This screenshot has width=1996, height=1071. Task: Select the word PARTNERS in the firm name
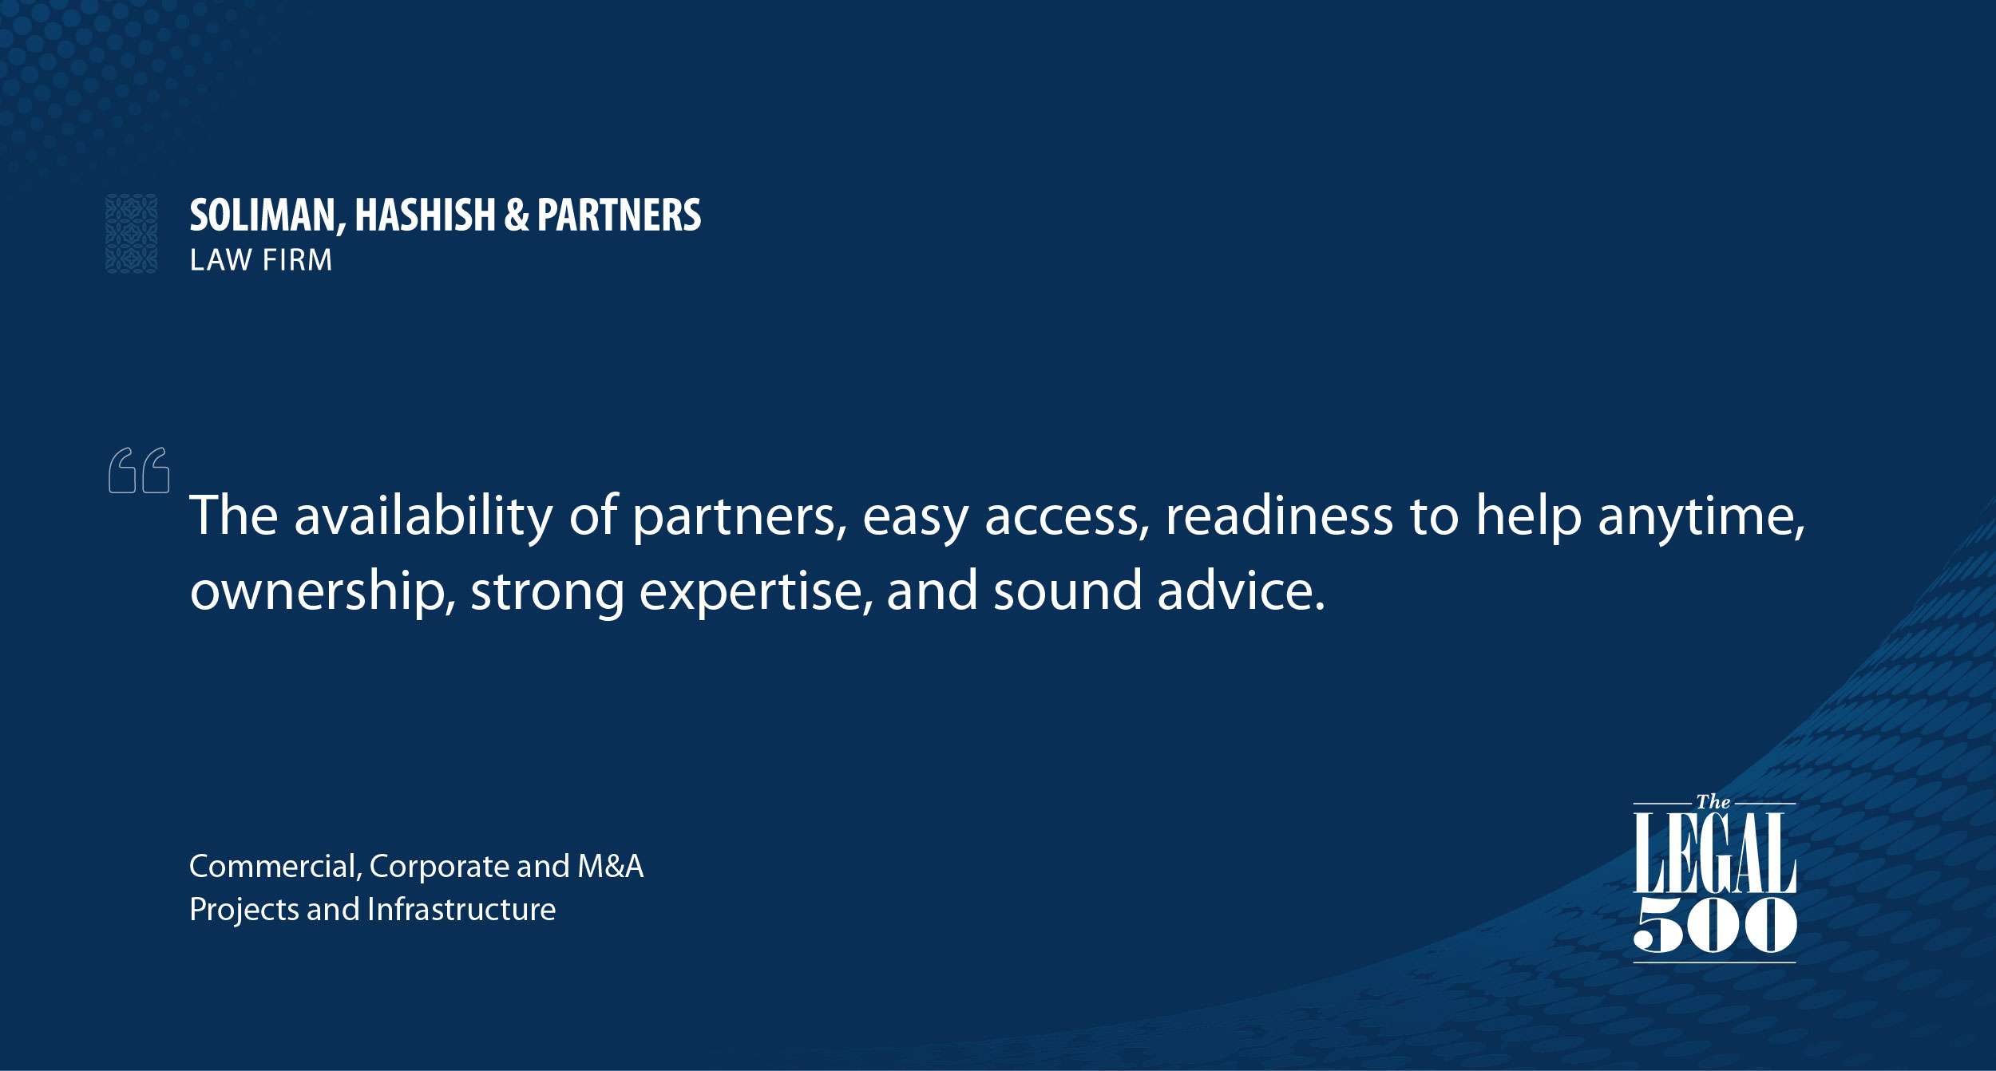[x=619, y=215]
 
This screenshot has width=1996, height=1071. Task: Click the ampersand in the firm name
[x=517, y=215]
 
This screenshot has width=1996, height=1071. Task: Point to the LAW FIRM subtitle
[x=260, y=260]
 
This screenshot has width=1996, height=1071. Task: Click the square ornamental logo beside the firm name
[x=132, y=234]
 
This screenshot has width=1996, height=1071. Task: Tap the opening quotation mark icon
[x=139, y=470]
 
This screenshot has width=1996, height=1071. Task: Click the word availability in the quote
[x=424, y=516]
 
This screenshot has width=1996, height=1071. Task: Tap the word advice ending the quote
[x=1242, y=591]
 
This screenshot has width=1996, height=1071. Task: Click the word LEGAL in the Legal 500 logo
[x=1714, y=853]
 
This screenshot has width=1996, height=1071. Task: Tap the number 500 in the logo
[x=1715, y=924]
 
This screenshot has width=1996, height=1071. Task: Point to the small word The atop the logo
[x=1713, y=802]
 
